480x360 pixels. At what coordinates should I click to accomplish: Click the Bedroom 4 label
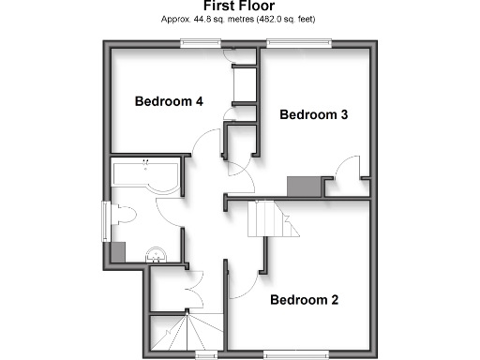click(x=169, y=101)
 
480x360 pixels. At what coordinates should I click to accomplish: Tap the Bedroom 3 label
click(x=314, y=115)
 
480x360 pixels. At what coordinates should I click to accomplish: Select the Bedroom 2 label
click(x=305, y=301)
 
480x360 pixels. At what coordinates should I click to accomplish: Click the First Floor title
click(x=239, y=6)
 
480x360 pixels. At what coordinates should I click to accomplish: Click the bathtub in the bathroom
click(x=146, y=173)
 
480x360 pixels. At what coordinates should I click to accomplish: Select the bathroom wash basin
click(x=157, y=251)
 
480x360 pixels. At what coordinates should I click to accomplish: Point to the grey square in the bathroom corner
click(x=118, y=251)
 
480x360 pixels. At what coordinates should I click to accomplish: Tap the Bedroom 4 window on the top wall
click(x=201, y=40)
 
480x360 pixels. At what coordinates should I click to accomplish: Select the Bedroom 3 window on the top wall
click(x=299, y=40)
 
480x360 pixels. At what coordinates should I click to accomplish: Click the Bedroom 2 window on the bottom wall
click(x=295, y=353)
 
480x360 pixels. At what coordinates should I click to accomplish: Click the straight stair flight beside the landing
click(x=264, y=220)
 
